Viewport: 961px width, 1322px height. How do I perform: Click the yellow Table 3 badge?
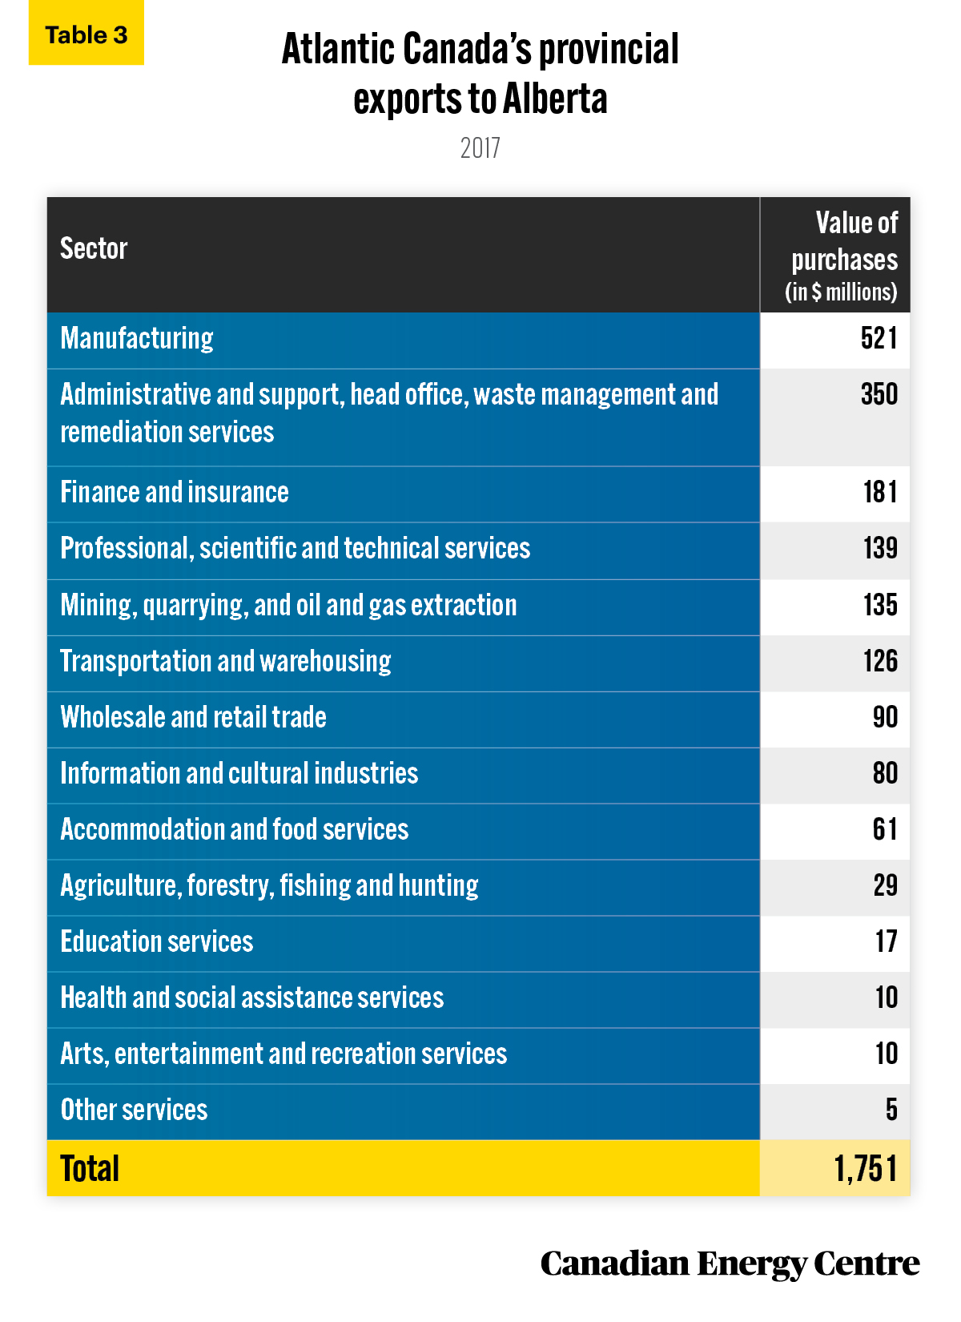pyautogui.click(x=86, y=33)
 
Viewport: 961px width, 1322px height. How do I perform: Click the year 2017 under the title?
pyautogui.click(x=480, y=148)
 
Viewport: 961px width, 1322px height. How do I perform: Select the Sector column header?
pyautogui.click(x=94, y=248)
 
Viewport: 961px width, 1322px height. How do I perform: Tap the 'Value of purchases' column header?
pyautogui.click(x=842, y=256)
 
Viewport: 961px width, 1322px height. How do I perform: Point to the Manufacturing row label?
pyautogui.click(x=137, y=339)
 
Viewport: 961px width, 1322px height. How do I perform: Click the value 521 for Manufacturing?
pyautogui.click(x=879, y=338)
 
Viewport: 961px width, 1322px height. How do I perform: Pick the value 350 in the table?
pyautogui.click(x=879, y=394)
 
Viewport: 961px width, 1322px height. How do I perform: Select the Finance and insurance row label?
pyautogui.click(x=175, y=492)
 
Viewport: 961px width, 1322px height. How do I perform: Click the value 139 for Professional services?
pyautogui.click(x=880, y=548)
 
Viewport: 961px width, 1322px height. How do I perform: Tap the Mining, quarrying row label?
pyautogui.click(x=288, y=606)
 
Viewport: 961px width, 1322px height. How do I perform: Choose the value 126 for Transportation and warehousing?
pyautogui.click(x=880, y=661)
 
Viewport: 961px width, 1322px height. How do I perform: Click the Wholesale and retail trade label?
pyautogui.click(x=194, y=717)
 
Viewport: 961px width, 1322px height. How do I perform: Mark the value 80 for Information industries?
pyautogui.click(x=885, y=773)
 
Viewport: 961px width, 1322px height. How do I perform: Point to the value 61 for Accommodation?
pyautogui.click(x=885, y=829)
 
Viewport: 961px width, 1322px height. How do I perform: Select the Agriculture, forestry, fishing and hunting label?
pyautogui.click(x=270, y=886)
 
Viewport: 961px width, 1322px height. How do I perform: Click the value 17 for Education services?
pyautogui.click(x=886, y=941)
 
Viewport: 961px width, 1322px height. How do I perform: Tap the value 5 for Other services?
pyautogui.click(x=891, y=1110)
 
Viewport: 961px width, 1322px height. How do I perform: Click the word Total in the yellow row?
pyautogui.click(x=90, y=1168)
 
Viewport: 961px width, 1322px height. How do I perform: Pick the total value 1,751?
pyautogui.click(x=866, y=1169)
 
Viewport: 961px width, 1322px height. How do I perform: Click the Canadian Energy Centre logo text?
pyautogui.click(x=730, y=1264)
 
